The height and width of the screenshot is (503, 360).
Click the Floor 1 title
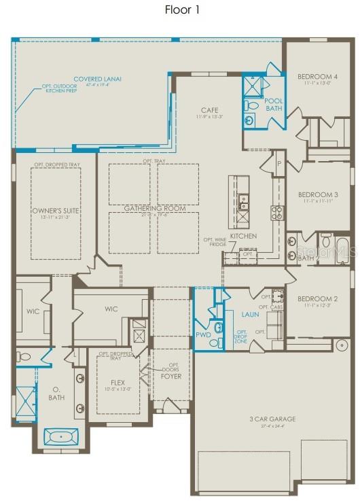tap(182, 10)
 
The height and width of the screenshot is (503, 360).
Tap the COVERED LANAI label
tap(97, 80)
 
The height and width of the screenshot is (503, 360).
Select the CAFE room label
tap(209, 110)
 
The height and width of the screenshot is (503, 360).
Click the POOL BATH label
tap(274, 105)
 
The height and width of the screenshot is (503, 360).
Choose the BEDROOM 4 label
tap(317, 76)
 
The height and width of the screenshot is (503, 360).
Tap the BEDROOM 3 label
tap(317, 194)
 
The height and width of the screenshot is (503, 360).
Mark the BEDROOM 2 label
tap(317, 299)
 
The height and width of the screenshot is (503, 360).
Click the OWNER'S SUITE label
tap(56, 211)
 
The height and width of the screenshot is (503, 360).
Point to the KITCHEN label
tap(242, 236)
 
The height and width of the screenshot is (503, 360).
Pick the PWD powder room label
tap(204, 335)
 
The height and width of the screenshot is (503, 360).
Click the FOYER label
tap(170, 376)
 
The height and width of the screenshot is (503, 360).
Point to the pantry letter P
tap(278, 163)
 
